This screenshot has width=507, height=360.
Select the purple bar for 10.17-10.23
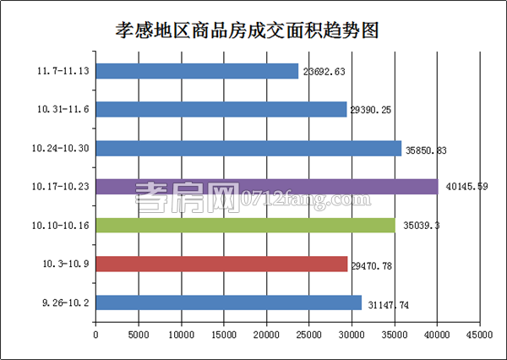(x=266, y=187)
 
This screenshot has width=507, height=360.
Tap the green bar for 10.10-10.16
(x=245, y=225)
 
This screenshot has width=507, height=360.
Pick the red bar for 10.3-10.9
(x=221, y=264)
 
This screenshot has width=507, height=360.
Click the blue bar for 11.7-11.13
(x=197, y=71)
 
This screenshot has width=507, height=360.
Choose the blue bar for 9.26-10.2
(x=228, y=303)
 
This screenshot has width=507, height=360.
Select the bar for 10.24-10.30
(x=248, y=148)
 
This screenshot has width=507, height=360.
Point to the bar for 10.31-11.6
(x=221, y=110)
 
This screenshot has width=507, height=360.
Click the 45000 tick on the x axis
(x=479, y=335)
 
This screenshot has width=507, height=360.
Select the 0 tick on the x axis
(x=95, y=335)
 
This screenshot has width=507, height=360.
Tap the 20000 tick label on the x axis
(x=266, y=335)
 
